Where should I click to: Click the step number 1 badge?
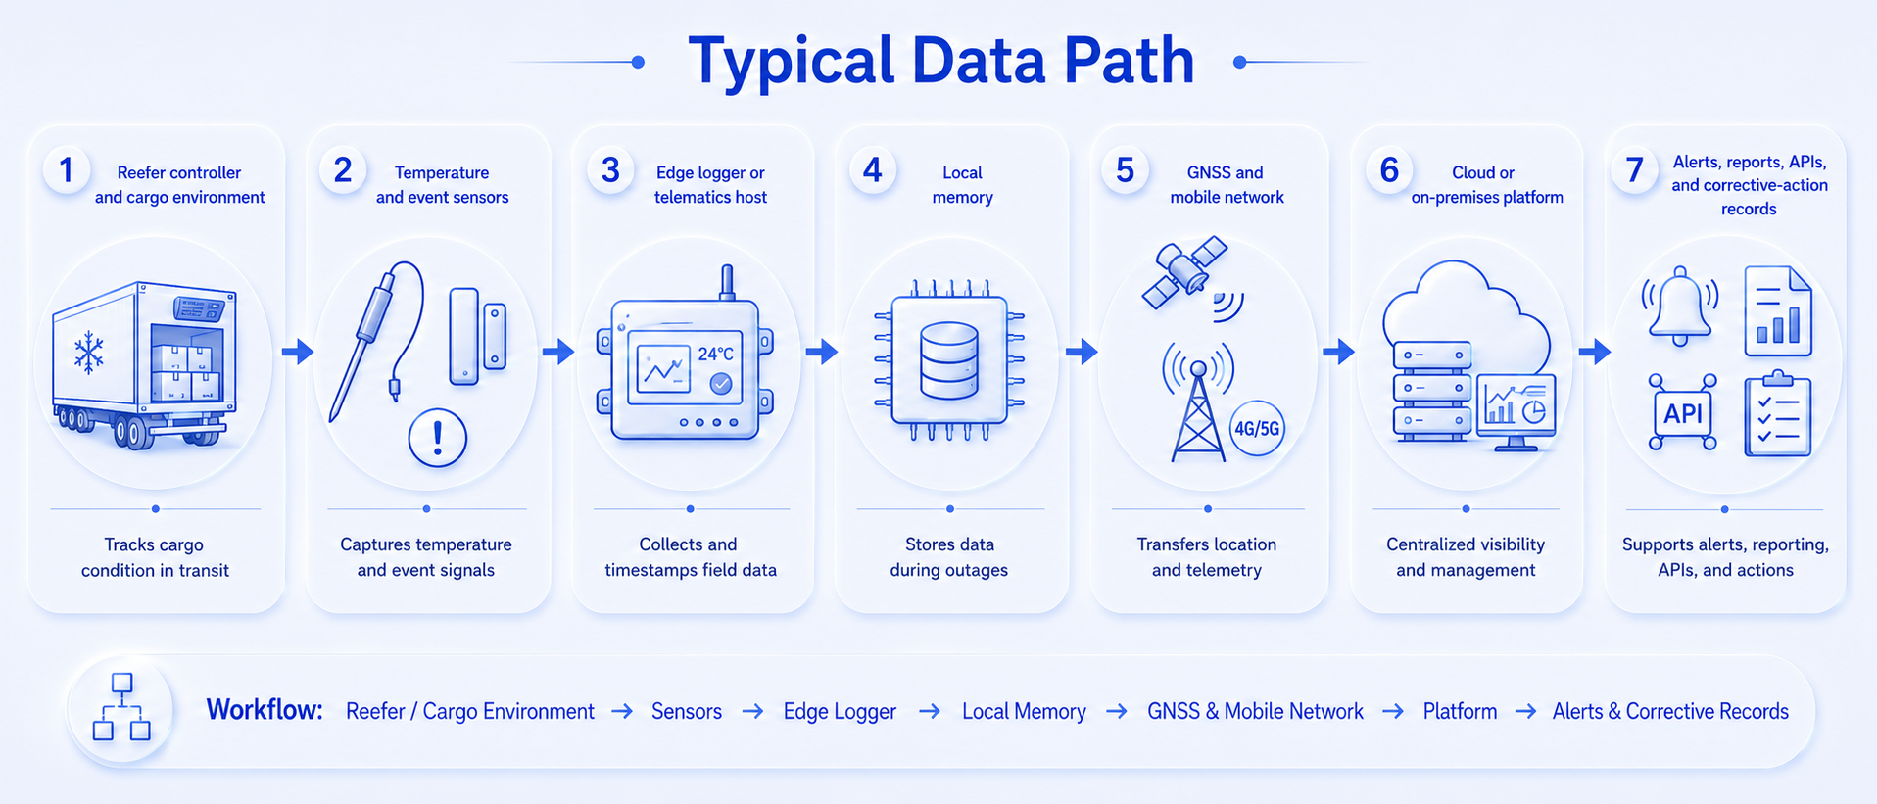[x=67, y=169]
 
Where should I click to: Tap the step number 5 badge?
[x=1125, y=169]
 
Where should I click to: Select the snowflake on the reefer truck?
[x=89, y=353]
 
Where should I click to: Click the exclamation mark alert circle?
[x=437, y=438]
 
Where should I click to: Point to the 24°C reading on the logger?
[x=715, y=354]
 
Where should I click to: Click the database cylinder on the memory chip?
[x=949, y=361]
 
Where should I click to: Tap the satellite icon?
[x=1184, y=270]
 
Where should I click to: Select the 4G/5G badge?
[x=1257, y=428]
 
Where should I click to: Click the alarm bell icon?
[x=1680, y=306]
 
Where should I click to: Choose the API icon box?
[x=1683, y=412]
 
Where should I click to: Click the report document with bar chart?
[x=1778, y=310]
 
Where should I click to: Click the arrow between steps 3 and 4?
[x=822, y=351]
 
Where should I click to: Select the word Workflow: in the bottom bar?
[x=265, y=709]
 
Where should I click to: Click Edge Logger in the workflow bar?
[x=840, y=712]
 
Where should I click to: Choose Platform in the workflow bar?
[x=1460, y=711]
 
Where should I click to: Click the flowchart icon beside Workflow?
[x=121, y=706]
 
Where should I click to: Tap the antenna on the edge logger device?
[x=727, y=282]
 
